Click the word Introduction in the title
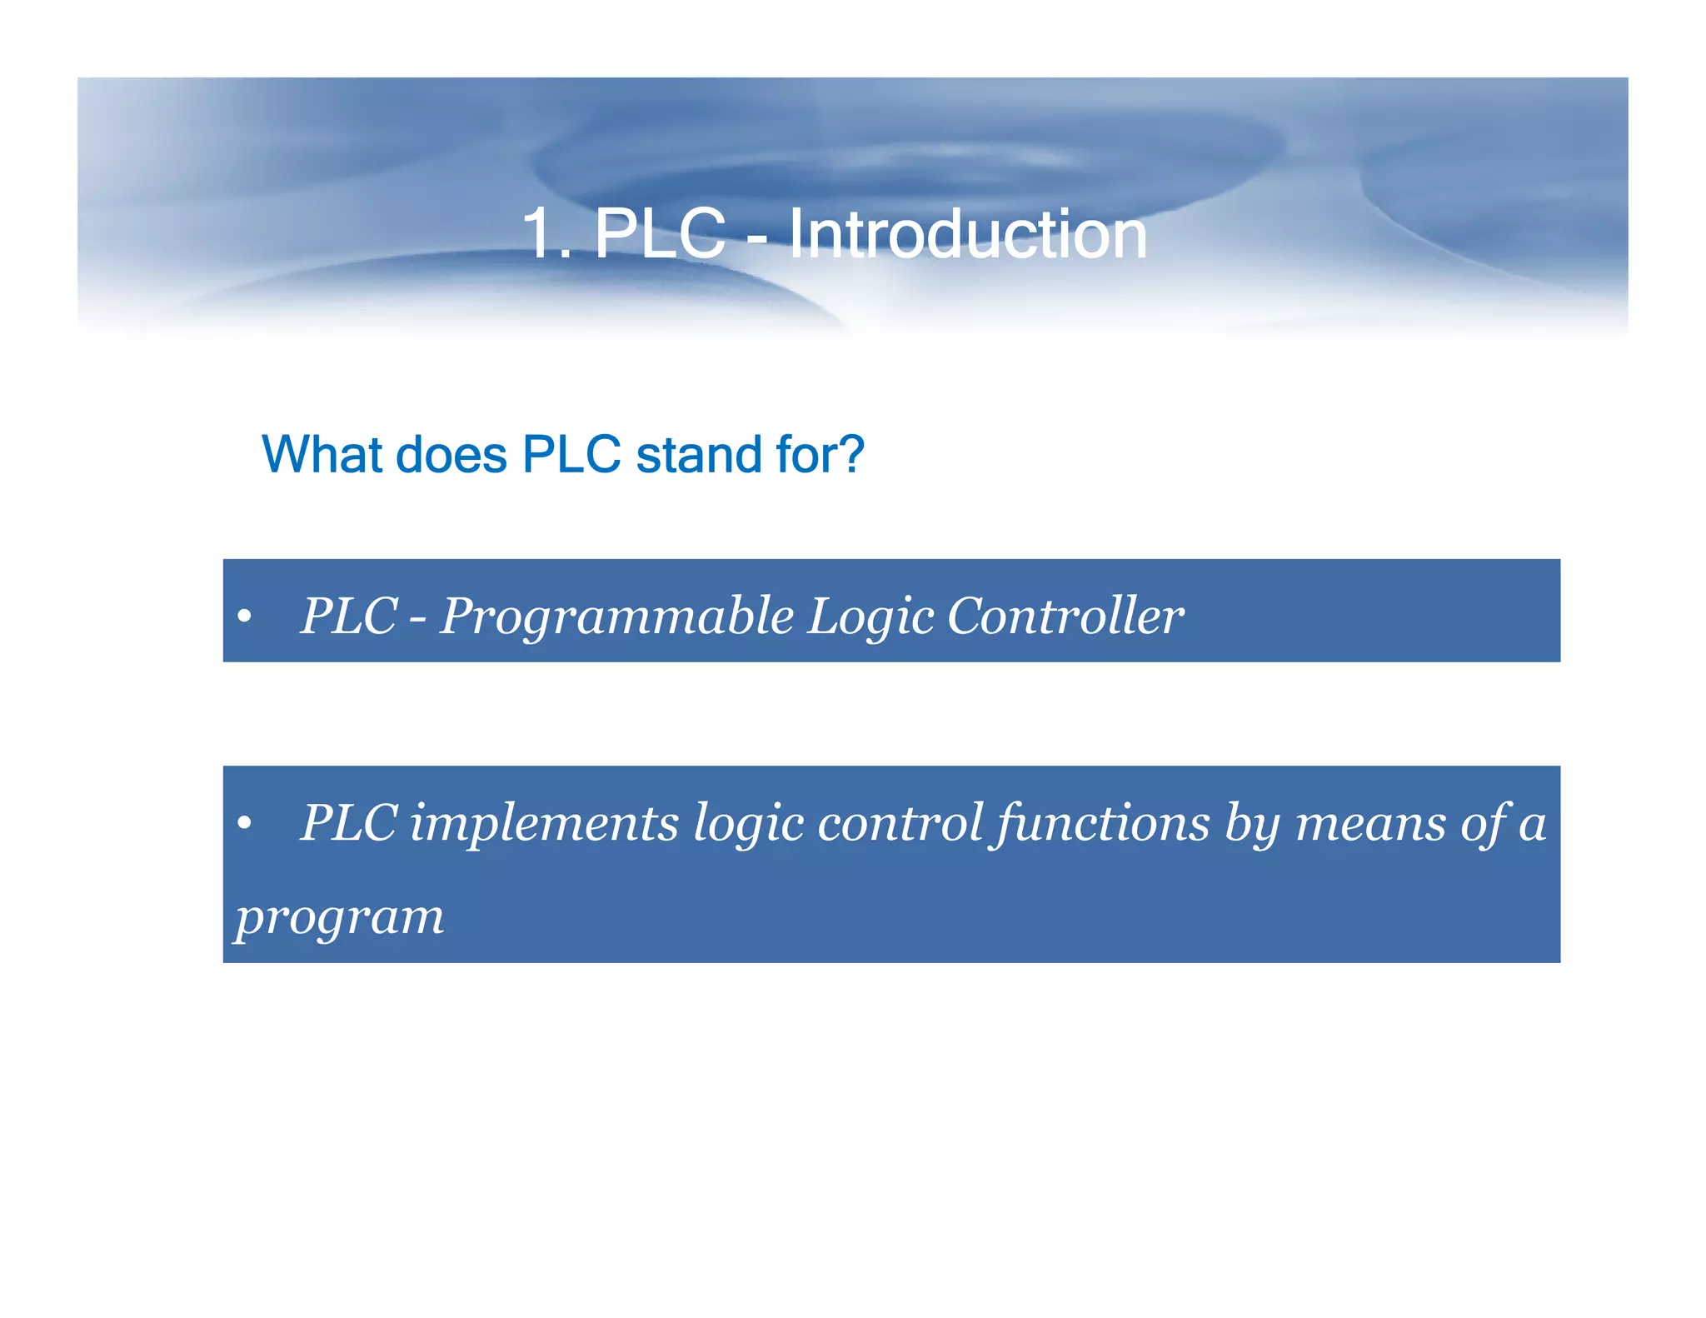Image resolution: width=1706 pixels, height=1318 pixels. pyautogui.click(x=967, y=234)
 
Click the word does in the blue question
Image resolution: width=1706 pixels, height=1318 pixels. pyautogui.click(x=451, y=455)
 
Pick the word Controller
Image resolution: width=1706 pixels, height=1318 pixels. pyautogui.click(x=1065, y=617)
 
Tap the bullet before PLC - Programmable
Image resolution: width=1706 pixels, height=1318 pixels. pyautogui.click(x=243, y=617)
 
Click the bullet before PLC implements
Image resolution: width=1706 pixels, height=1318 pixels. pyautogui.click(x=243, y=824)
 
